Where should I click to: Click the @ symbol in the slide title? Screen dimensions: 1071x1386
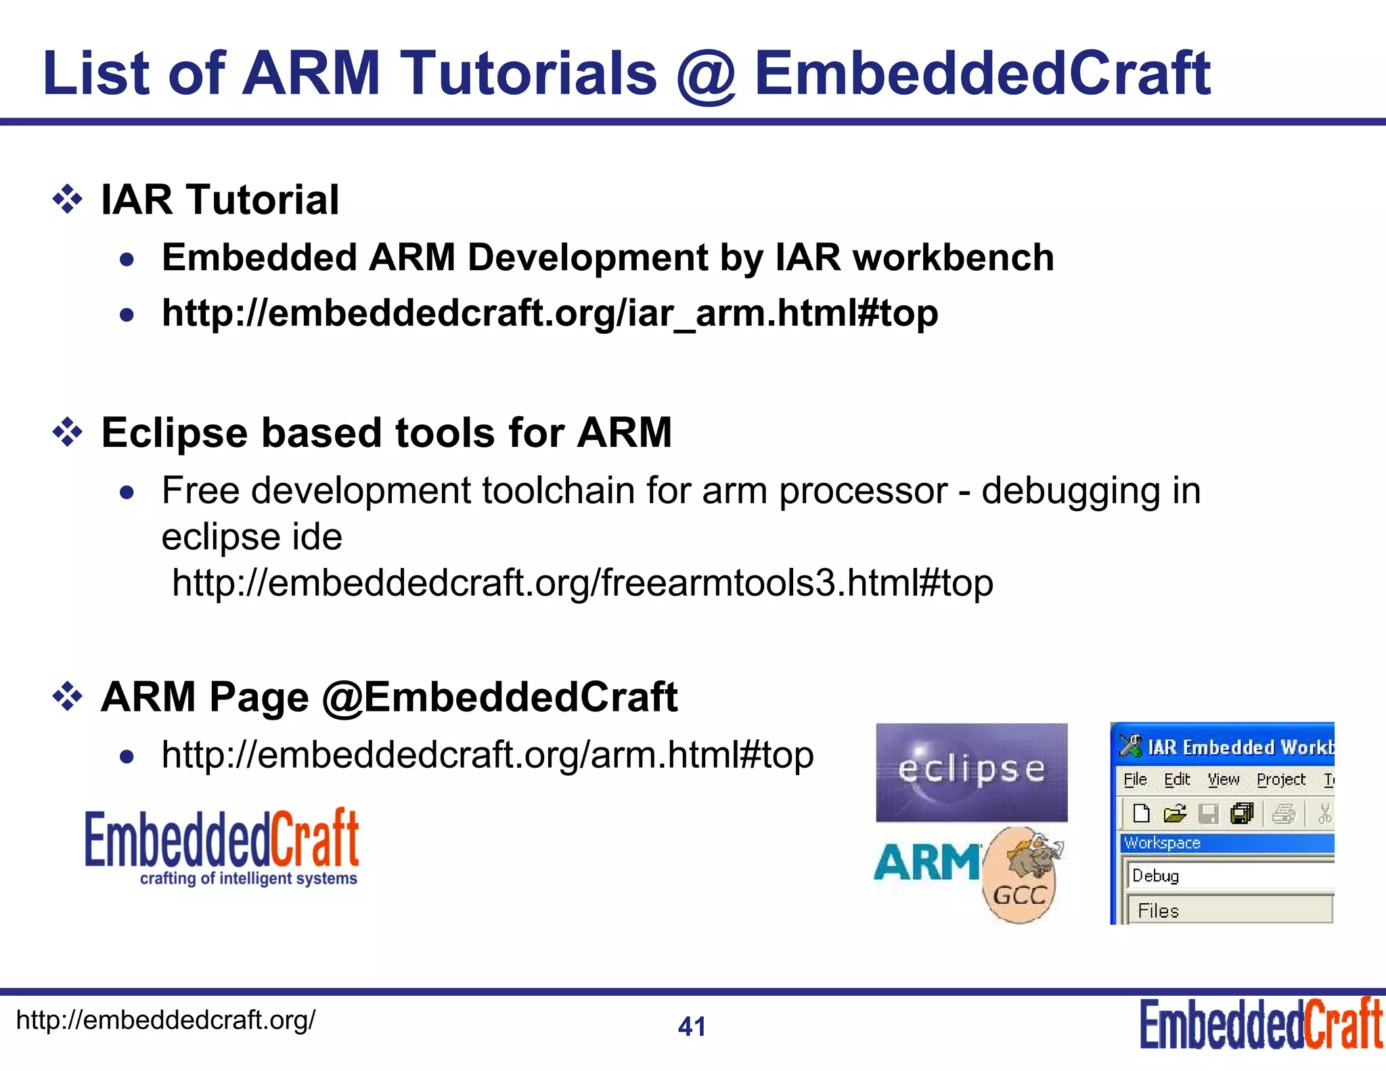[x=706, y=76]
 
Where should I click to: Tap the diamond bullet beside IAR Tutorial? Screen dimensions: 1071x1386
[x=68, y=200]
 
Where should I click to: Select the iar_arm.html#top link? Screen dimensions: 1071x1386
[x=550, y=313]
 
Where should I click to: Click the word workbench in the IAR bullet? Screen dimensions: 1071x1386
[x=953, y=258]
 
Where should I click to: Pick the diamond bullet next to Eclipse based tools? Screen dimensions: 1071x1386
[x=68, y=433]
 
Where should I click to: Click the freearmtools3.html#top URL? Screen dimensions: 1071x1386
[x=582, y=583]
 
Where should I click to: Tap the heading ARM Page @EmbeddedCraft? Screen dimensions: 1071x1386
[x=388, y=697]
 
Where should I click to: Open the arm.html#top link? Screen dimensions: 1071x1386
[x=487, y=755]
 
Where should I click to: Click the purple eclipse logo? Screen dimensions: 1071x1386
[x=971, y=772]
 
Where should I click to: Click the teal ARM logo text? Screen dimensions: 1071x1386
[x=926, y=863]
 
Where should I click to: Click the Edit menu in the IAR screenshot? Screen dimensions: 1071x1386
[x=1177, y=780]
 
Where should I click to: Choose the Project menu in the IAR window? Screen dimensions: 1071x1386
[x=1280, y=780]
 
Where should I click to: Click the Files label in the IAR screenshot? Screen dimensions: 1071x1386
[x=1159, y=911]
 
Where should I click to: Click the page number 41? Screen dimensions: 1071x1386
[x=692, y=1027]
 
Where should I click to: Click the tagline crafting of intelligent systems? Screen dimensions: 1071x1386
[x=248, y=879]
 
